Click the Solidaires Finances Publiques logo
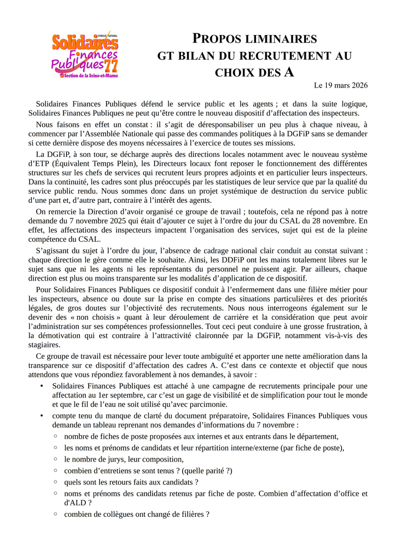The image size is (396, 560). [x=85, y=55]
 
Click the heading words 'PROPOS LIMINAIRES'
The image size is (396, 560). [x=255, y=39]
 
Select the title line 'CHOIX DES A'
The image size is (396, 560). [x=255, y=72]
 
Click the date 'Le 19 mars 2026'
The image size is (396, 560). [x=340, y=85]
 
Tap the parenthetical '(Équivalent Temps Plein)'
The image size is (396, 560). [x=92, y=164]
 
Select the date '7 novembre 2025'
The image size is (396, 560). [x=90, y=221]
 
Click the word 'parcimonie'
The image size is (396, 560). [x=207, y=404]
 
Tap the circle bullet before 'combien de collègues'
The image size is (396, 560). [x=56, y=514]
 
